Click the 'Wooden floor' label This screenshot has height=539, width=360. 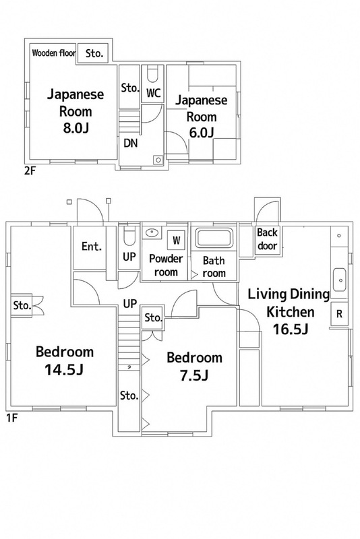coord(52,53)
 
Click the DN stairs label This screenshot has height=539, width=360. coord(131,142)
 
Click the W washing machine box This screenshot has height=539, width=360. coord(177,239)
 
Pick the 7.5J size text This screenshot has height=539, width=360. coord(194,374)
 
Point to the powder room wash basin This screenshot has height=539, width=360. coord(152,233)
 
